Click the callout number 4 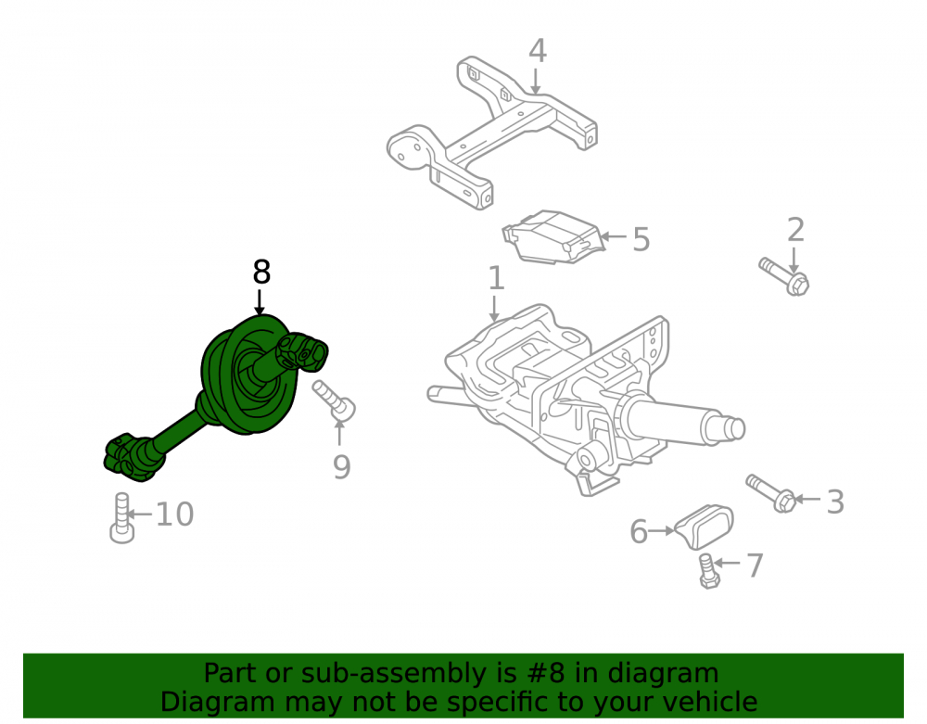[537, 51]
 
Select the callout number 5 [641, 239]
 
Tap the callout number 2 [795, 230]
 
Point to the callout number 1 [496, 278]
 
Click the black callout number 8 [261, 273]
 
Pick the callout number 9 [341, 467]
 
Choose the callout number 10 [174, 514]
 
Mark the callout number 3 [835, 502]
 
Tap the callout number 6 [639, 531]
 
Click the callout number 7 [755, 565]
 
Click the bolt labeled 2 [784, 276]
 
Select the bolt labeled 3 [771, 493]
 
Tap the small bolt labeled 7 [708, 571]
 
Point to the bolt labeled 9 [334, 400]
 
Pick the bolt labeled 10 [121, 518]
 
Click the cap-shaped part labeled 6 [705, 526]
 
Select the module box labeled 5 [553, 237]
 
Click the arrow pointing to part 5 [613, 236]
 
